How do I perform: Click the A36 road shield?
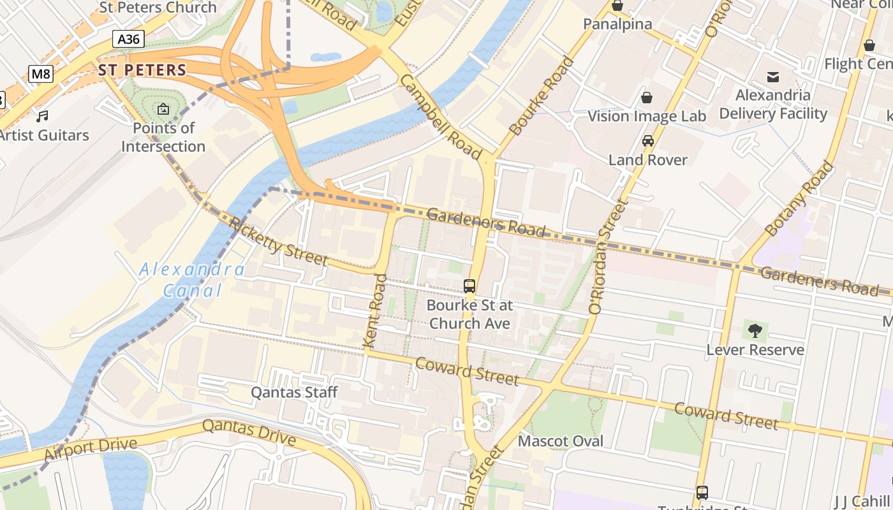click(128, 39)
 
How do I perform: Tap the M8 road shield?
click(41, 74)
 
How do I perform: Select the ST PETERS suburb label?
click(142, 70)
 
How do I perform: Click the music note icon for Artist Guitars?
click(42, 117)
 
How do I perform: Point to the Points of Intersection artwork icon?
click(163, 110)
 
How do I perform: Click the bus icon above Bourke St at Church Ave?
click(469, 286)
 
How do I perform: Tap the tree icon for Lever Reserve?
click(755, 331)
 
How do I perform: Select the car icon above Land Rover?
click(648, 141)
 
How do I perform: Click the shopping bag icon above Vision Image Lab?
click(647, 98)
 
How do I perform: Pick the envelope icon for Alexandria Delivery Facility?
click(773, 77)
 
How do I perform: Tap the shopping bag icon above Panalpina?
click(617, 6)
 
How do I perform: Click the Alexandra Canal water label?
click(191, 280)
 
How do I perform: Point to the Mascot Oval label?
click(560, 441)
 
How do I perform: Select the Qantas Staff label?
click(294, 392)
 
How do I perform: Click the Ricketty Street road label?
click(278, 242)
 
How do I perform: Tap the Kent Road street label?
click(375, 310)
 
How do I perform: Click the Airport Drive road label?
click(91, 449)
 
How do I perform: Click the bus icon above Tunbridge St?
click(702, 492)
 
